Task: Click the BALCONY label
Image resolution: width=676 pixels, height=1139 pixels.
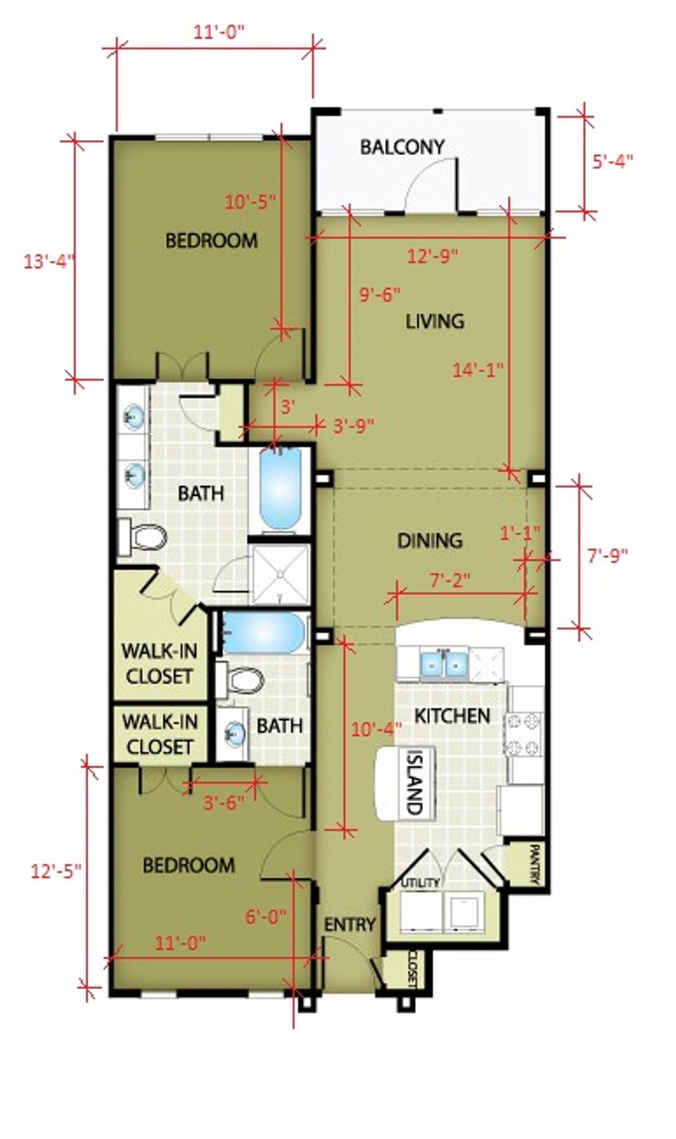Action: (402, 147)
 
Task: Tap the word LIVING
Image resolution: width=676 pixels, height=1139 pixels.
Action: (435, 321)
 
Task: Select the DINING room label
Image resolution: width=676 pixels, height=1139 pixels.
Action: (429, 540)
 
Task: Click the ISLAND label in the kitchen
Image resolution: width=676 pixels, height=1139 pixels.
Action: (414, 781)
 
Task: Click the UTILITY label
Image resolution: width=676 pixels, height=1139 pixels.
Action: (421, 882)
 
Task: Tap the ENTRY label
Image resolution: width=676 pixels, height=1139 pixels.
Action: (350, 924)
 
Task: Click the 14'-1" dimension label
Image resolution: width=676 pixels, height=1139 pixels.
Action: (478, 370)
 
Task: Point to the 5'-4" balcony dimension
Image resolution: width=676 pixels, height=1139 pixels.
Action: (613, 161)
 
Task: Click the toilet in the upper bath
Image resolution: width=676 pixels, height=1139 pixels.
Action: (141, 538)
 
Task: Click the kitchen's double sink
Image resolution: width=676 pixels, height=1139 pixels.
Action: (445, 664)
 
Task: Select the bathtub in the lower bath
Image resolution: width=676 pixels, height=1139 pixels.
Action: (263, 633)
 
